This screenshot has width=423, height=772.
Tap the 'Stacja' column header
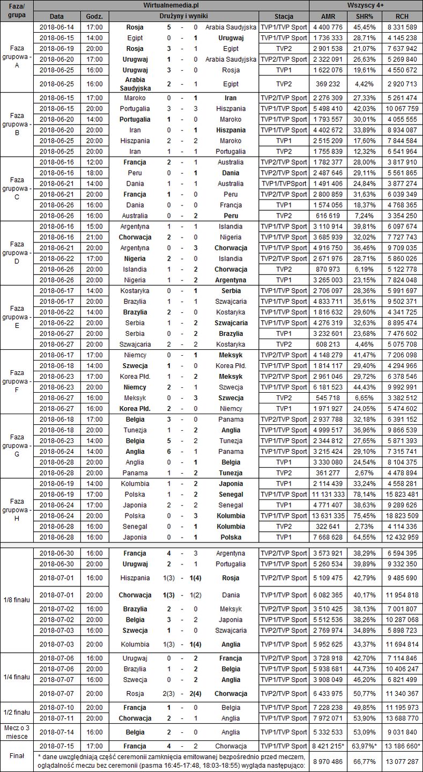pyautogui.click(x=284, y=16)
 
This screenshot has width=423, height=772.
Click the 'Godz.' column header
pyautogui.click(x=98, y=16)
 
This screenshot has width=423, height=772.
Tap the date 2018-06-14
pyautogui.click(x=59, y=27)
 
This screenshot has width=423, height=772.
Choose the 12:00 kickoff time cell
pyautogui.click(x=98, y=162)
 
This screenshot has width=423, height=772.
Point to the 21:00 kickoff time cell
pyautogui.click(x=98, y=237)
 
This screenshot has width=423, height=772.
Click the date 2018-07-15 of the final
pyautogui.click(x=59, y=746)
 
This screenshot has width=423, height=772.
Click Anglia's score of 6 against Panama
pyautogui.click(x=169, y=451)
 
